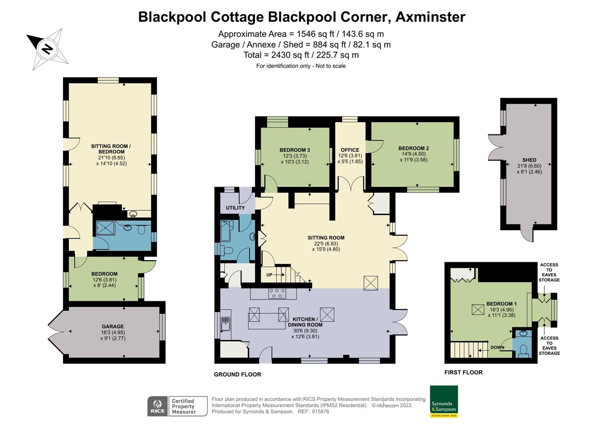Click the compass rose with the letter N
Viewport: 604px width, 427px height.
pyautogui.click(x=47, y=49)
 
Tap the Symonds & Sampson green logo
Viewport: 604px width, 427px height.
pyautogui.click(x=443, y=401)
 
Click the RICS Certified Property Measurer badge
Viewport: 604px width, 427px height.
pyautogui.click(x=177, y=406)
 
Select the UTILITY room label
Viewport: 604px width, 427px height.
pyautogui.click(x=235, y=208)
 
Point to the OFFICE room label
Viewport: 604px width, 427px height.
pyautogui.click(x=350, y=150)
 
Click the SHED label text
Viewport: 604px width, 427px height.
pyautogui.click(x=529, y=160)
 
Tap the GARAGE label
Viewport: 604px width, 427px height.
pyautogui.click(x=113, y=327)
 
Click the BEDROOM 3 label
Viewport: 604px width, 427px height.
pyautogui.click(x=295, y=150)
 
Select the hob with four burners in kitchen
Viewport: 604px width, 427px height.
pyautogui.click(x=277, y=293)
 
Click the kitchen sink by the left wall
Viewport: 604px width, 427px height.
pyautogui.click(x=225, y=323)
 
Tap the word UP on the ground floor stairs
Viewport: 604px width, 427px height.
pyautogui.click(x=269, y=275)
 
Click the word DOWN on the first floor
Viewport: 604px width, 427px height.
pyautogui.click(x=497, y=348)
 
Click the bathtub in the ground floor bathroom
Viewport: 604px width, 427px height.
pyautogui.click(x=227, y=231)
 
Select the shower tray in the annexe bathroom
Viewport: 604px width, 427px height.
pyautogui.click(x=104, y=228)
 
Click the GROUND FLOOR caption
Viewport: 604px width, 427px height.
pyautogui.click(x=237, y=374)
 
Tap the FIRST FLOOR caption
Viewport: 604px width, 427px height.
pyautogui.click(x=463, y=372)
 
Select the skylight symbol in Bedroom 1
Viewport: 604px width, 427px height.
pyautogui.click(x=478, y=309)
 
